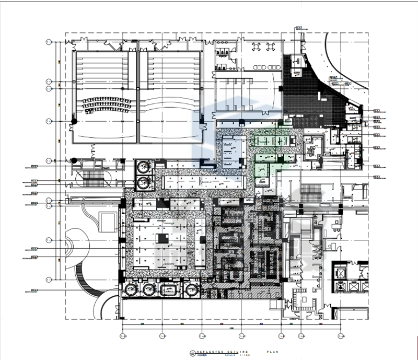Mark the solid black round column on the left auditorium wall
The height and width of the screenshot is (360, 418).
click(74, 121)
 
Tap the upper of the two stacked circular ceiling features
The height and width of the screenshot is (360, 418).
click(143, 168)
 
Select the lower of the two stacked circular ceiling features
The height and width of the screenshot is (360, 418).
click(143, 182)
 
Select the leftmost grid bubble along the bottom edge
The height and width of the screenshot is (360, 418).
click(123, 335)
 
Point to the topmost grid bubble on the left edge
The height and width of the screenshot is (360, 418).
click(49, 42)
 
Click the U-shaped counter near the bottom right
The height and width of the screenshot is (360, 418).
click(301, 298)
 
